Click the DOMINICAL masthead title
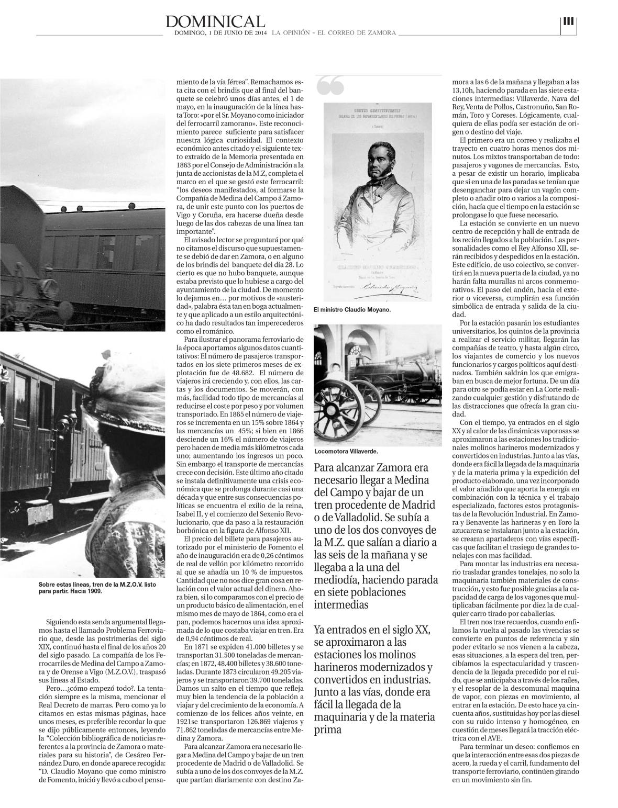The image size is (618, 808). point(215,21)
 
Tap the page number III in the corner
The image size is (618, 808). point(568,21)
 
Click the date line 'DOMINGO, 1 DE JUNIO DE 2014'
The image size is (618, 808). point(221,32)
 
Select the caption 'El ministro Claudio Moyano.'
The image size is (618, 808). point(352,310)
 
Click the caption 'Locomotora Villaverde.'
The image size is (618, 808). point(346,451)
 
